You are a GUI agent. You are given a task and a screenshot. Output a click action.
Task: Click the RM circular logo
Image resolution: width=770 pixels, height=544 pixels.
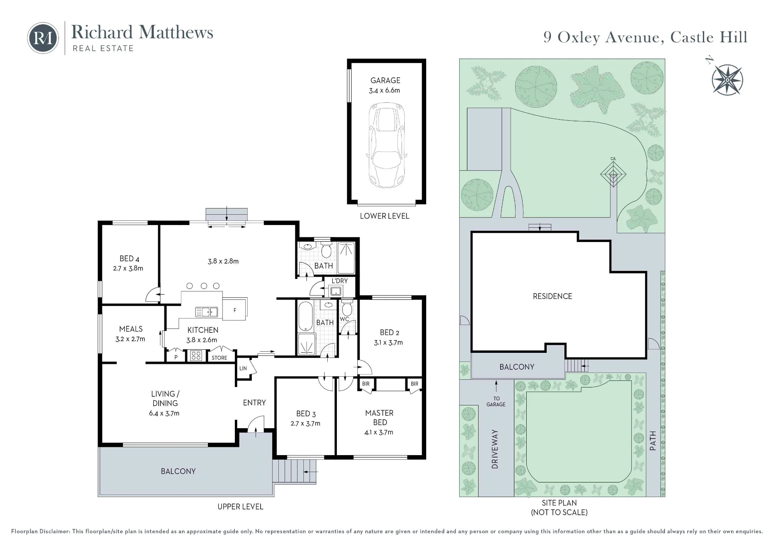[x=43, y=38]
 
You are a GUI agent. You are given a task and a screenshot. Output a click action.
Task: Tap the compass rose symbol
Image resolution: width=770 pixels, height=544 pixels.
[x=727, y=80]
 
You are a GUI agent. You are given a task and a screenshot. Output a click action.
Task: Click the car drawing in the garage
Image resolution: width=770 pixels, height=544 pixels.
[x=387, y=145]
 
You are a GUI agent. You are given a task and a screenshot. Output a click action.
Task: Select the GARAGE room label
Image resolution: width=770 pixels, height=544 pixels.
[x=385, y=80]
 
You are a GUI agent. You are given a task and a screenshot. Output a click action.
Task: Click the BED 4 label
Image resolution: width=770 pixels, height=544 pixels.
[x=129, y=259]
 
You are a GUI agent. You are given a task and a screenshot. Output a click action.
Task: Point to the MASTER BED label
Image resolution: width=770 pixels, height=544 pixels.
[x=379, y=417]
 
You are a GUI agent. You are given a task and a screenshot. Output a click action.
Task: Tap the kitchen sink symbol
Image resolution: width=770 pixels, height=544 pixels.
[x=207, y=312]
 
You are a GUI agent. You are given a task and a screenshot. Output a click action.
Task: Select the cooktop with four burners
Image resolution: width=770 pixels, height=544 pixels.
[x=196, y=355]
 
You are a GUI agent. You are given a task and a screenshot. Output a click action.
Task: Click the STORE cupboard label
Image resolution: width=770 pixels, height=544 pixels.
[x=219, y=358]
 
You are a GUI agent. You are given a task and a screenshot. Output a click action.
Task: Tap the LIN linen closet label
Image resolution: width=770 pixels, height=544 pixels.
[x=243, y=368]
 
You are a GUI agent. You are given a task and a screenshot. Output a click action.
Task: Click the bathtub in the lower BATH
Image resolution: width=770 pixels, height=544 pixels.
[x=306, y=316]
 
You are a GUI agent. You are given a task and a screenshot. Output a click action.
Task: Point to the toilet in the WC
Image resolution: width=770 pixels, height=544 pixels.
[x=347, y=309]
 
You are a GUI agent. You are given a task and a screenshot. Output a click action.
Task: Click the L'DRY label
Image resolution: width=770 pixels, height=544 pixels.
[x=340, y=281]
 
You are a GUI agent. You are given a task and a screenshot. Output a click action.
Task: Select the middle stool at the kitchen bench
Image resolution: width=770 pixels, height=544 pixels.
[x=204, y=286]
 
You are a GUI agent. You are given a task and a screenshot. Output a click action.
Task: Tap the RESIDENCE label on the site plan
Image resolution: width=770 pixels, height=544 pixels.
[x=552, y=296]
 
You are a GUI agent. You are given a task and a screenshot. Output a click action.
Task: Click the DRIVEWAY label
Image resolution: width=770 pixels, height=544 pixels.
[x=495, y=449]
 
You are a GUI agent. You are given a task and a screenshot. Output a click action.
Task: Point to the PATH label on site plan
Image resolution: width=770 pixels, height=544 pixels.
[x=653, y=441]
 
